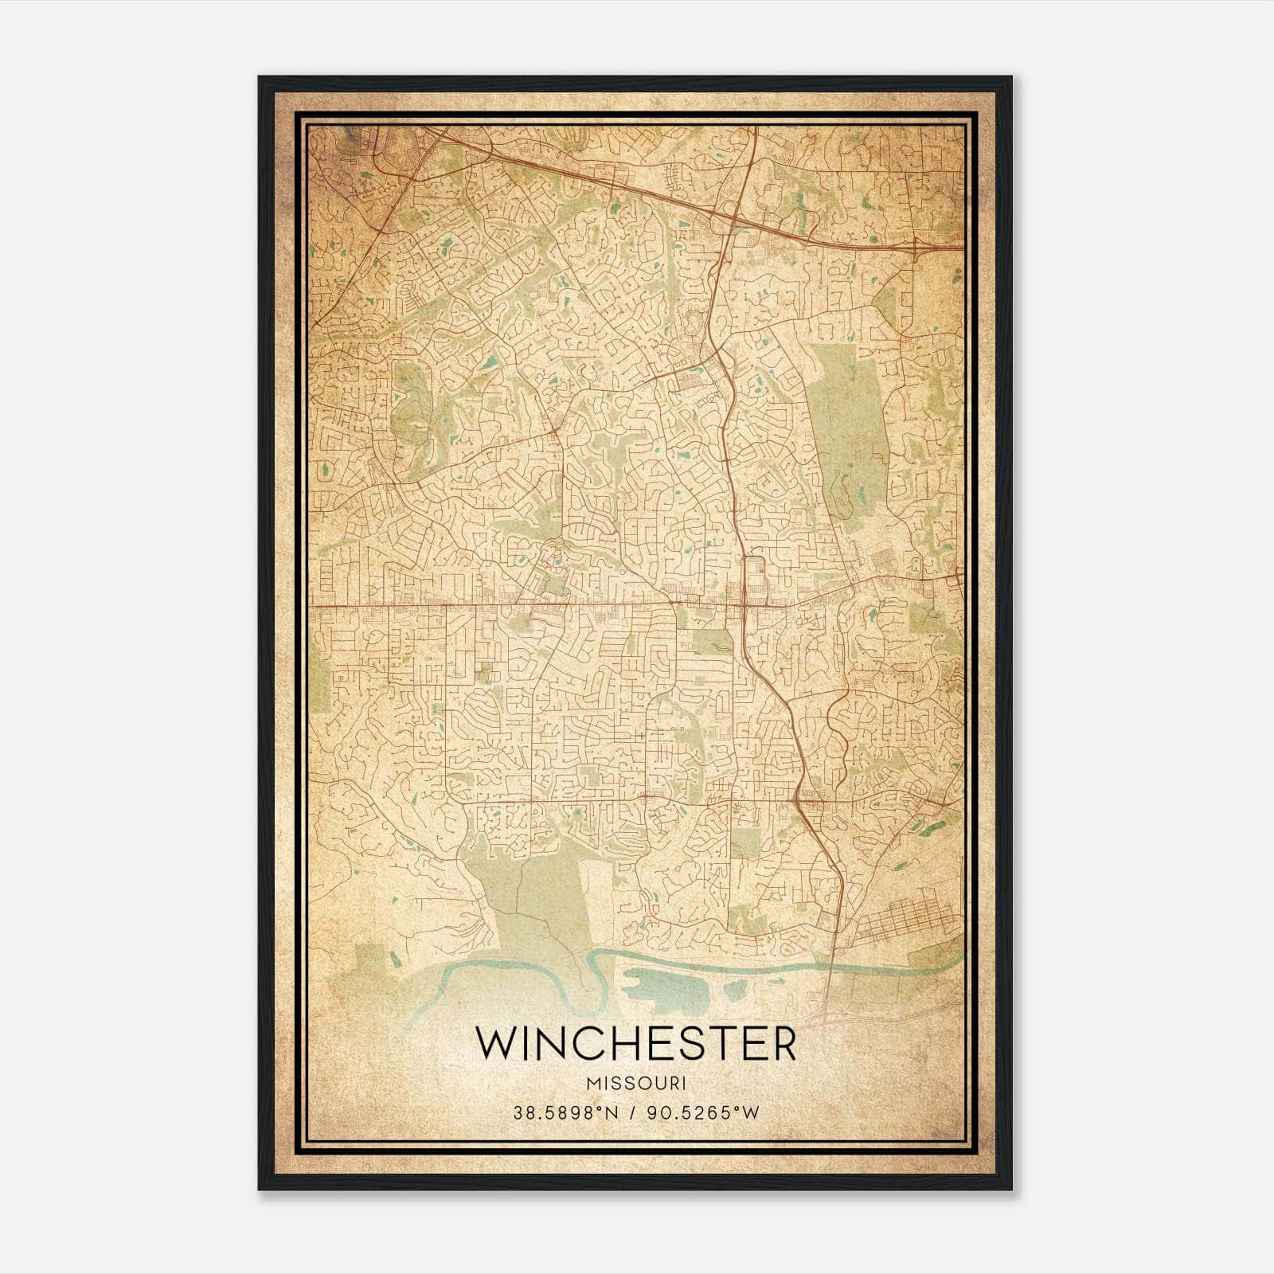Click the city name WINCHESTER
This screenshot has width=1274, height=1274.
click(635, 1044)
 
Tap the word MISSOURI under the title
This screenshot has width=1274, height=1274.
click(635, 1084)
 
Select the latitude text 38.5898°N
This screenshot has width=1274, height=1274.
click(566, 1112)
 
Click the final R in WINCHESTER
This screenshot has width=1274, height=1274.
click(784, 1044)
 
